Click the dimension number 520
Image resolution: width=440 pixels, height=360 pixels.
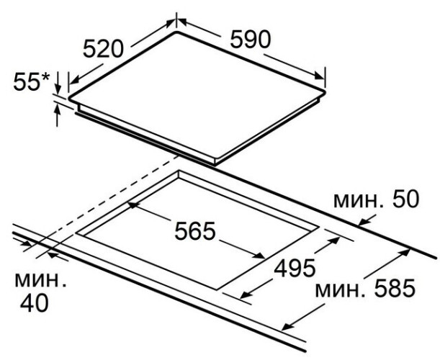tap(103, 48)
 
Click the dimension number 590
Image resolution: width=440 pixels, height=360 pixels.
tap(251, 39)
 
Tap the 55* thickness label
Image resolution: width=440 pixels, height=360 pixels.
tap(31, 81)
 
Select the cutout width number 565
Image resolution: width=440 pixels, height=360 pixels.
tap(195, 231)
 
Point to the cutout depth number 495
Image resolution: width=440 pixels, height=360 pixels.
tap(295, 268)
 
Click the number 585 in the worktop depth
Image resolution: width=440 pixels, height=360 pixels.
tap(395, 288)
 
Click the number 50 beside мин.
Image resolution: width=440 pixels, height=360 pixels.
tap(405, 199)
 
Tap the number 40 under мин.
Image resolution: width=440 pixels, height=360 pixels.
tap(35, 303)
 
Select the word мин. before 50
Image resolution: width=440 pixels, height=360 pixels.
tap(359, 201)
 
